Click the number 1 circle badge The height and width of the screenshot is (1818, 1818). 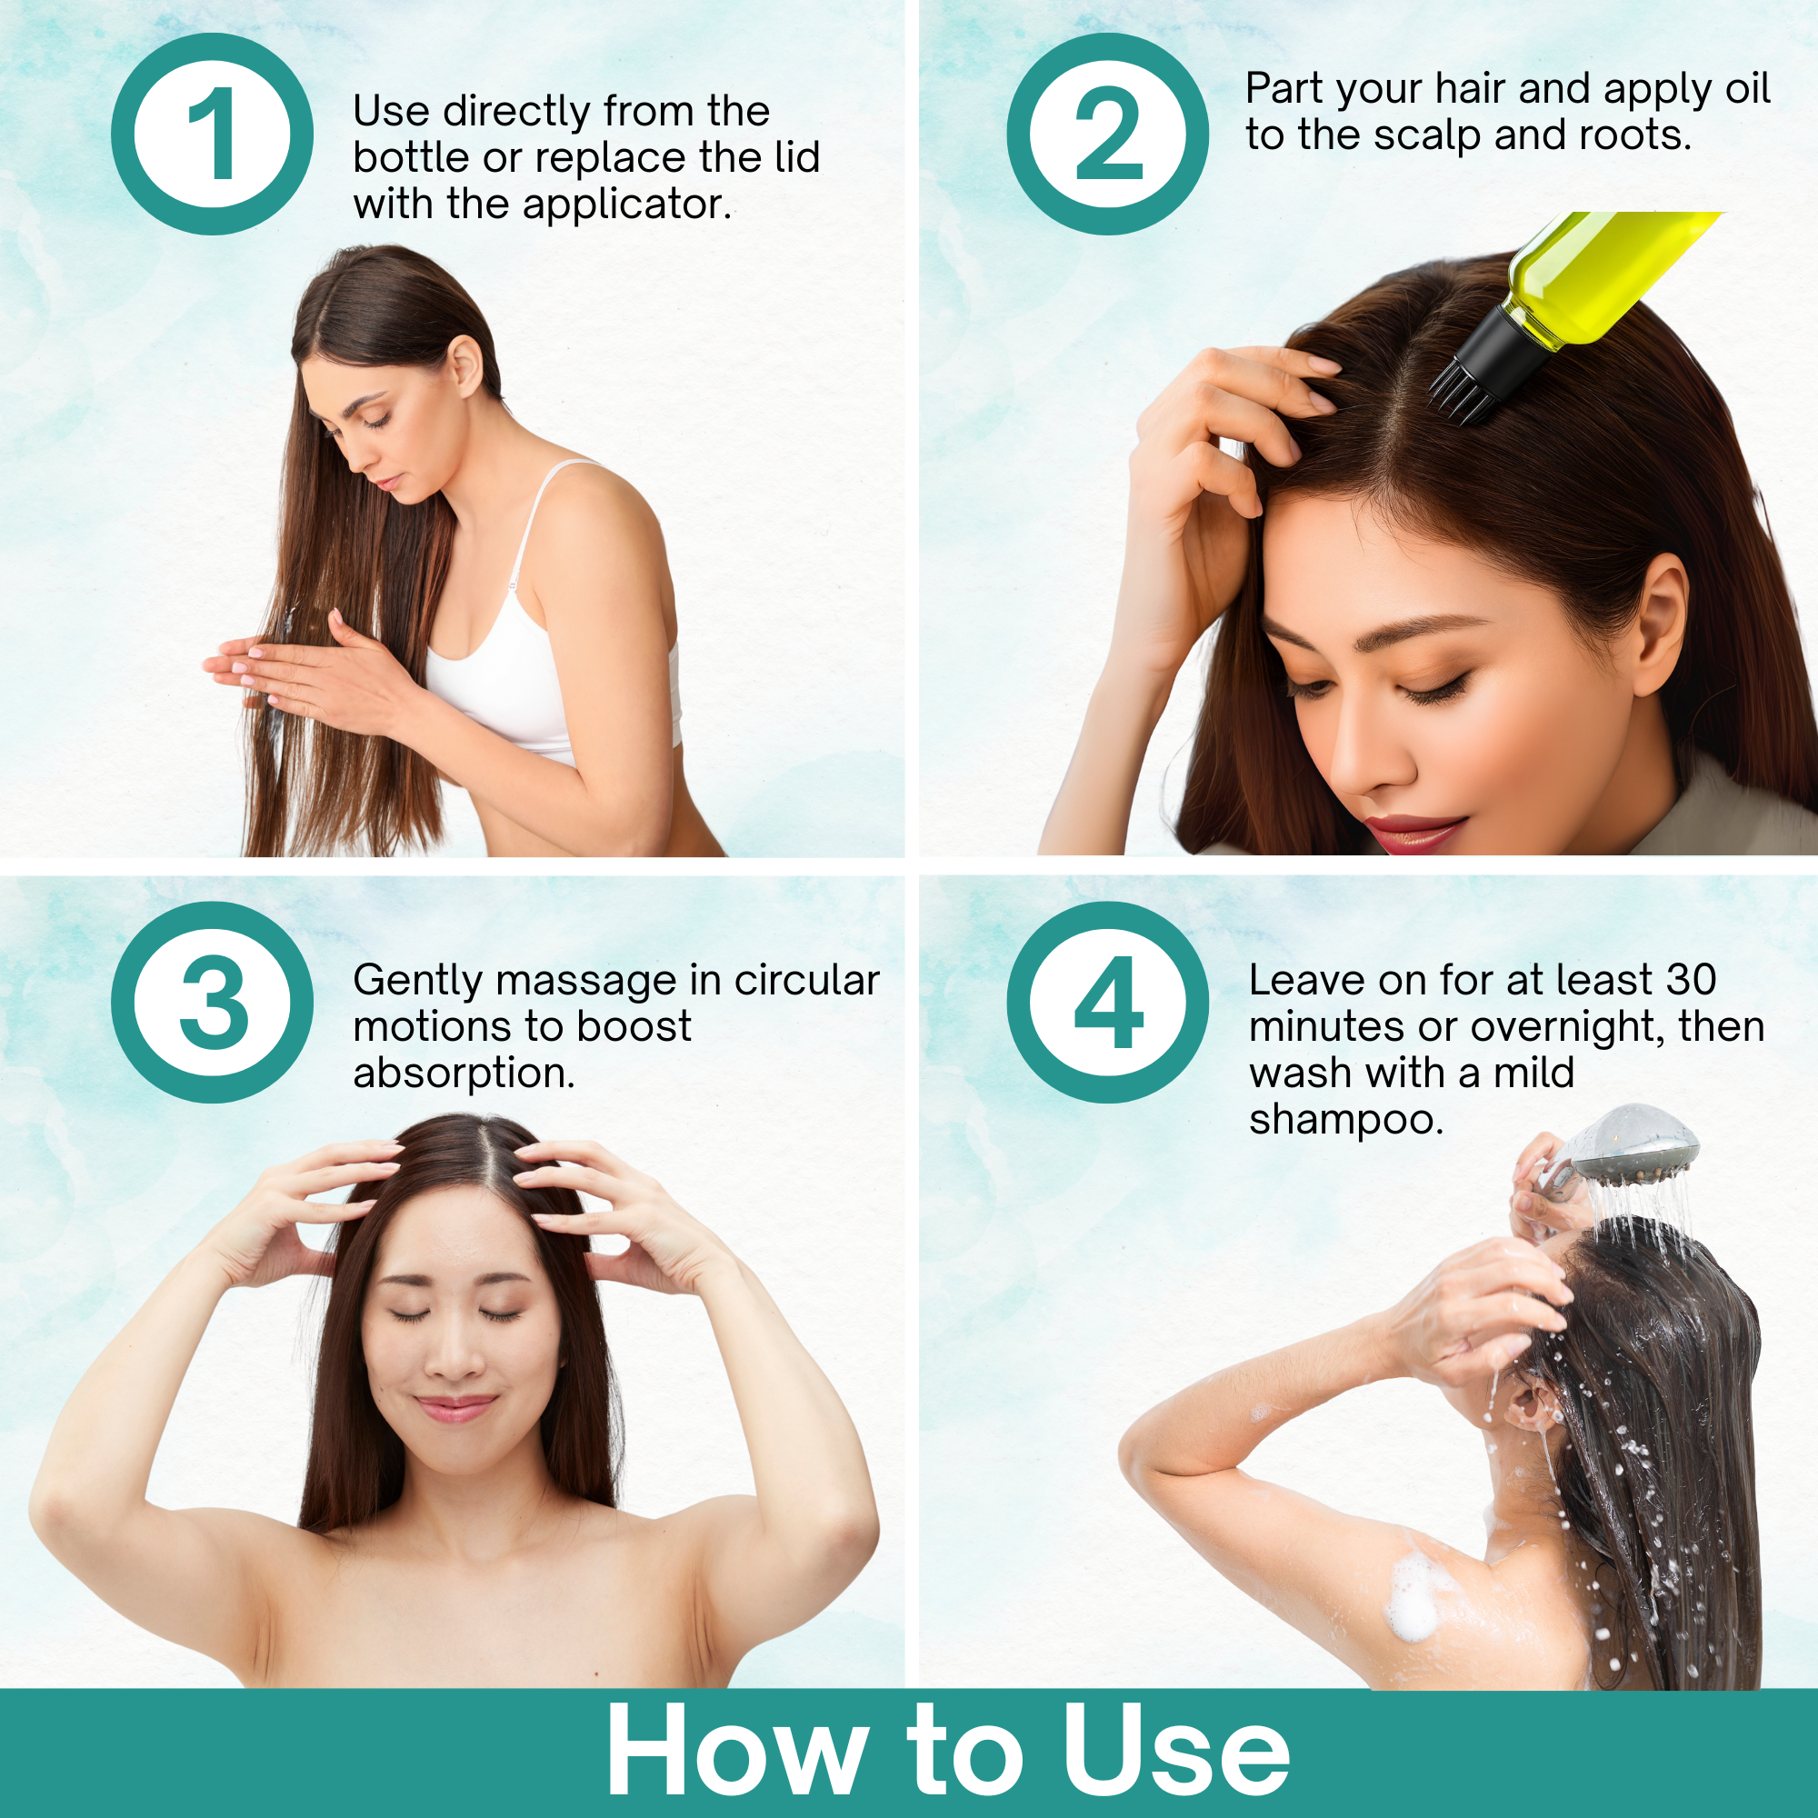pos(212,134)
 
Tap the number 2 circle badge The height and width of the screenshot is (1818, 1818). pos(1107,134)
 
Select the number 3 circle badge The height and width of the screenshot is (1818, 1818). pos(212,1002)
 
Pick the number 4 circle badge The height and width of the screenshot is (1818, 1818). pos(1107,1002)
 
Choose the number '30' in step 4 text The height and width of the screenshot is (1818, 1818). pos(1690,981)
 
